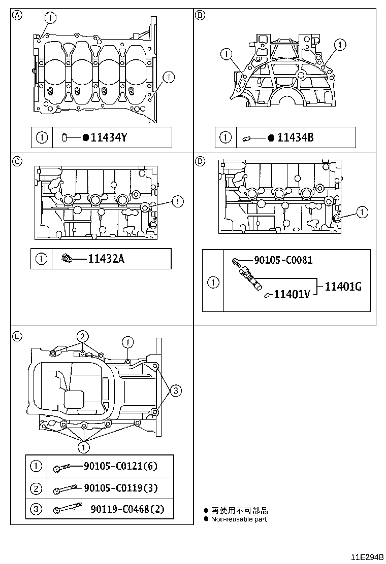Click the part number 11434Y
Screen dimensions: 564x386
coord(108,137)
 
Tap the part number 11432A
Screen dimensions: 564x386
coord(106,259)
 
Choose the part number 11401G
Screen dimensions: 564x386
coord(343,287)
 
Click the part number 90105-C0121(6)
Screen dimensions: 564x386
coord(120,466)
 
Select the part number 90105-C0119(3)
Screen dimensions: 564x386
coord(120,488)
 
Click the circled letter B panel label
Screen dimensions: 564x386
coord(200,15)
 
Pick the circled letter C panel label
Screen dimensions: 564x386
coord(17,161)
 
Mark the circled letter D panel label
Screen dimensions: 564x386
coord(200,161)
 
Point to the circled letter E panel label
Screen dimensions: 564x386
coord(17,336)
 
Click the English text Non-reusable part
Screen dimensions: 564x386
coord(239,519)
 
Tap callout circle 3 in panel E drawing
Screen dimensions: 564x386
coord(175,390)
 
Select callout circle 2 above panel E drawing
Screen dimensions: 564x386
coord(83,336)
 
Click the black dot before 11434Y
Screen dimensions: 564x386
coord(85,137)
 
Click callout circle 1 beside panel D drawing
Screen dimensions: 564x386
coord(362,211)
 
